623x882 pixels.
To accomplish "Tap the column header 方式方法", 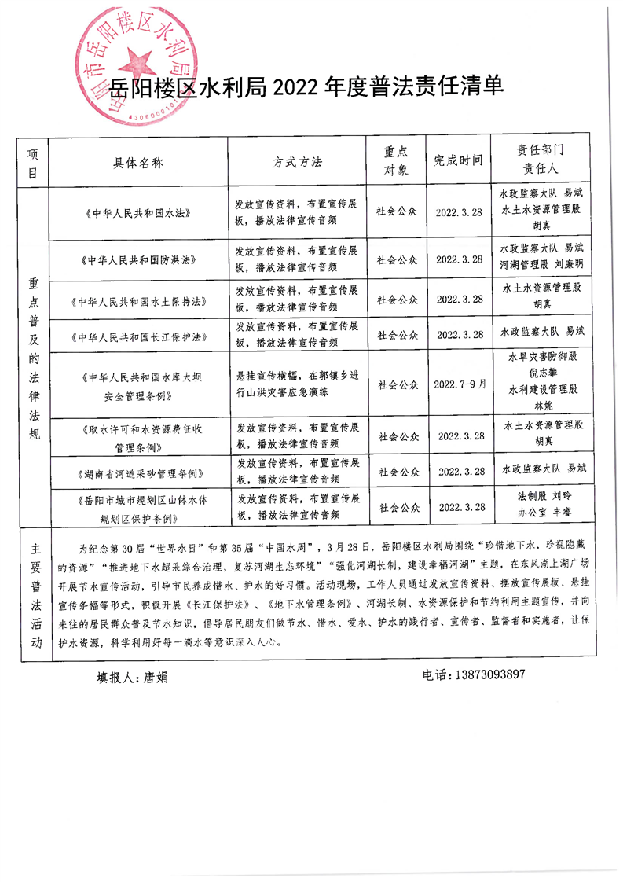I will (297, 161).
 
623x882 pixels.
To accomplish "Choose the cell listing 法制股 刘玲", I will (543, 498).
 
